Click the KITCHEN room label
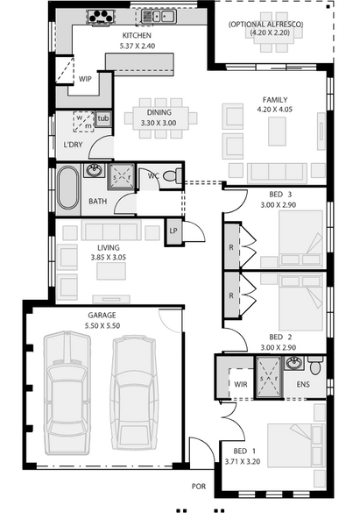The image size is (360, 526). tap(137, 36)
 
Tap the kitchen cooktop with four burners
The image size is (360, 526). tap(101, 17)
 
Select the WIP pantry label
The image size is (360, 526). tap(85, 79)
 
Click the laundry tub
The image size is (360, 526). tap(102, 118)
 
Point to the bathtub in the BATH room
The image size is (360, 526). tap(67, 188)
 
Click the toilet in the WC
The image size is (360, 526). tap(173, 176)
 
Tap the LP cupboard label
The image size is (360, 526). tap(173, 231)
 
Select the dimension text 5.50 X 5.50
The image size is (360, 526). tap(102, 325)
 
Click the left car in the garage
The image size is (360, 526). tap(67, 393)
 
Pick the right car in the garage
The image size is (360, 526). tap(134, 393)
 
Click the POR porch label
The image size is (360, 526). tap(199, 486)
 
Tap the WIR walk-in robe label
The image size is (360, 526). tap(240, 384)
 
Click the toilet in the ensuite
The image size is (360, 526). tap(315, 366)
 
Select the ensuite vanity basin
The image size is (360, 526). tap(294, 363)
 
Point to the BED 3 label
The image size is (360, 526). tap(280, 195)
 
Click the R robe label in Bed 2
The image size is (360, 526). tap(231, 296)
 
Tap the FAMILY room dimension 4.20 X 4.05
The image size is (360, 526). tap(275, 110)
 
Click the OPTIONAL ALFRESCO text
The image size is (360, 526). tap(266, 25)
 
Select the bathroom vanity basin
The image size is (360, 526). tap(95, 171)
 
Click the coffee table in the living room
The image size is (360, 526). tap(111, 271)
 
